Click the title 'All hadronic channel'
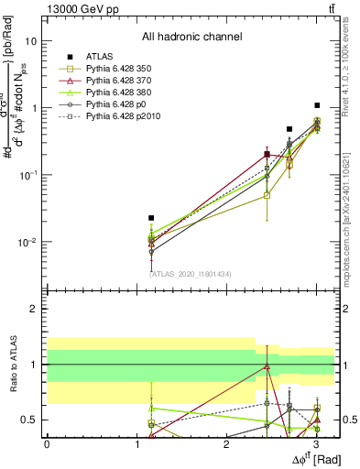191,38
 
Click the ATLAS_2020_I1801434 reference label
191,274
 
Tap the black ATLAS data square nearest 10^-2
151,218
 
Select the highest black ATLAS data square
317,105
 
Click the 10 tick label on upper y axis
31,41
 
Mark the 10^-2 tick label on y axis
28,243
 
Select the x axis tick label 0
47,444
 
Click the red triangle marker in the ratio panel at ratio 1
267,365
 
